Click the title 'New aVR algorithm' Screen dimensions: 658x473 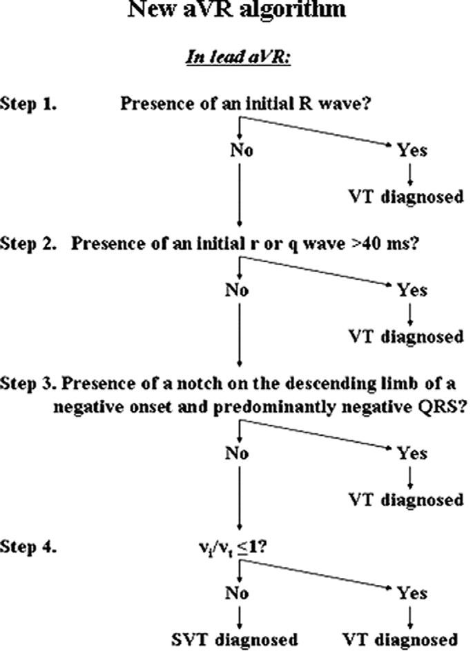pyautogui.click(x=237, y=10)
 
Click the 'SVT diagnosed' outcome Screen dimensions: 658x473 pyautogui.click(x=235, y=639)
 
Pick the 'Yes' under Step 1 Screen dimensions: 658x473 pyautogui.click(x=412, y=150)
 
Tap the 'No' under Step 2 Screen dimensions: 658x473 pyautogui.click(x=237, y=290)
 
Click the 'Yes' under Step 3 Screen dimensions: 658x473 pyautogui.click(x=412, y=454)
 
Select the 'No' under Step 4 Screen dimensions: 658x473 pyautogui.click(x=237, y=594)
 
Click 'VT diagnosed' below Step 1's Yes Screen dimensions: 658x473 pyautogui.click(x=405, y=197)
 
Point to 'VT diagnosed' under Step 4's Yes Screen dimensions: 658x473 pyautogui.click(x=401, y=639)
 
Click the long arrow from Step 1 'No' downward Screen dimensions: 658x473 pyautogui.click(x=238, y=194)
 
